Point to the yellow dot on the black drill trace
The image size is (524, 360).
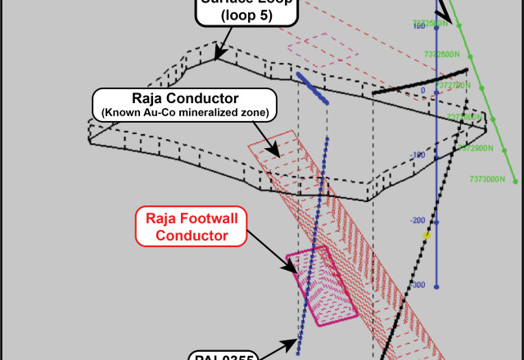tap(427, 236)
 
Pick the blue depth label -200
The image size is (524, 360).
tap(418, 220)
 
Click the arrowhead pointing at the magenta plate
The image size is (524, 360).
tap(292, 268)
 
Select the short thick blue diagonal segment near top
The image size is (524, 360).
tap(312, 88)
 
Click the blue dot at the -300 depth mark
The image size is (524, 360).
tap(436, 286)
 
